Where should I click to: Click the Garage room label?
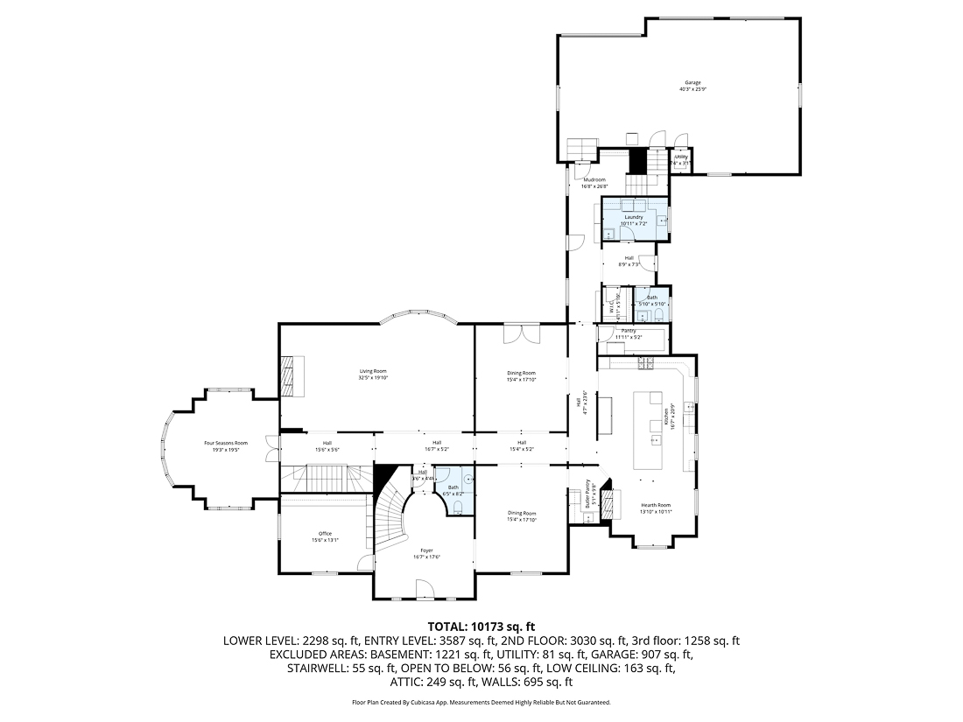[x=692, y=82]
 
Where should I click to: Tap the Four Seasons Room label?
[x=226, y=443]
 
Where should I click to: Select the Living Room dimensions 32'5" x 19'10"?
[x=372, y=378]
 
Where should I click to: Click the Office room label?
[x=325, y=533]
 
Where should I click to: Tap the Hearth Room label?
[x=655, y=505]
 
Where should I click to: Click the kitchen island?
[x=650, y=430]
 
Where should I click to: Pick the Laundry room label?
[x=634, y=217]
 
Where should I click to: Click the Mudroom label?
[x=594, y=179]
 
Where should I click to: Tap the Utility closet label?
[x=680, y=158]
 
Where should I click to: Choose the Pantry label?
[x=629, y=331]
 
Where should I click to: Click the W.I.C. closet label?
[x=612, y=306]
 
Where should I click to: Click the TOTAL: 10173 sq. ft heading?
[x=481, y=626]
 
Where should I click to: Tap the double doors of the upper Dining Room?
[x=520, y=333]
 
